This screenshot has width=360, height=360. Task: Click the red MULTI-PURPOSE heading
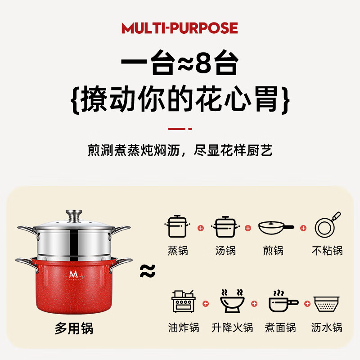click(180, 28)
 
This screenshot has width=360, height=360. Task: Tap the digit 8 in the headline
click(203, 63)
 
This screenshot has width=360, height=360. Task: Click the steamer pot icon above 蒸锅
click(177, 226)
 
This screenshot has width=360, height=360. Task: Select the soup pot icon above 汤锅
click(225, 227)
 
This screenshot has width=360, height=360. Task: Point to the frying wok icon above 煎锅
click(276, 227)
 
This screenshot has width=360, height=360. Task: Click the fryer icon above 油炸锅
click(184, 301)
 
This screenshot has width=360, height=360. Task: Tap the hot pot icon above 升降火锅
click(232, 301)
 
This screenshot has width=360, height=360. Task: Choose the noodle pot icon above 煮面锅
click(283, 301)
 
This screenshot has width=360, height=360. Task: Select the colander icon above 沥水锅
click(327, 303)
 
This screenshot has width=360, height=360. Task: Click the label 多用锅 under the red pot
click(74, 328)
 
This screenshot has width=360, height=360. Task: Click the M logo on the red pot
click(73, 275)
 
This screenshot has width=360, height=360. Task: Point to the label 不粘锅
click(327, 251)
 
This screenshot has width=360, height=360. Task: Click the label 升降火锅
click(232, 328)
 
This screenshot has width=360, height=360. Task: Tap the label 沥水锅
click(327, 328)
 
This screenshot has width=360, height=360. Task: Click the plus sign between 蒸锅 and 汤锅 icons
click(201, 228)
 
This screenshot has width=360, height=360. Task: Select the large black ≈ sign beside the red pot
click(148, 271)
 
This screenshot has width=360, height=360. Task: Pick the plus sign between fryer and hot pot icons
click(206, 304)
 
